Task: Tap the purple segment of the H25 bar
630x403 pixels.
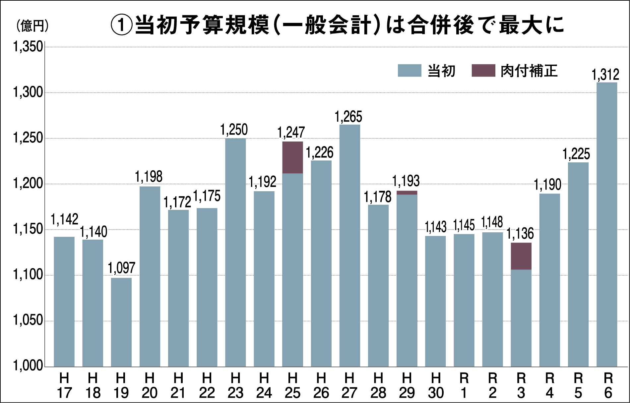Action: [292, 157]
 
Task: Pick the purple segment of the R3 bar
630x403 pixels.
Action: [521, 256]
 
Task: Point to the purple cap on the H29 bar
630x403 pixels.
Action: [407, 193]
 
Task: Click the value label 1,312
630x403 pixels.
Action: [605, 75]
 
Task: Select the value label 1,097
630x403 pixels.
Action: [121, 268]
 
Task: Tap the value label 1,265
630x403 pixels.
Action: [348, 117]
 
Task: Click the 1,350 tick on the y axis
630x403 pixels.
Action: [28, 47]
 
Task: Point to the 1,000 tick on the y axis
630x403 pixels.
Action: [28, 366]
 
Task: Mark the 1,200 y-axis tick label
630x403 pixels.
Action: [28, 183]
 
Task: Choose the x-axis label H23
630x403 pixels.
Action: [235, 385]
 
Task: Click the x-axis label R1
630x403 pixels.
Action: [464, 385]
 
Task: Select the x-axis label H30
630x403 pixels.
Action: [435, 385]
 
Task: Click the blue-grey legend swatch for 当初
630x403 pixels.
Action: [409, 71]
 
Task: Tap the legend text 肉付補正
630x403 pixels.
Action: [529, 71]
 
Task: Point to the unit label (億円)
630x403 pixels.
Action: [32, 26]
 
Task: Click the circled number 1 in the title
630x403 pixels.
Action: [121, 25]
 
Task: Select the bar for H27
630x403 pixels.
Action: [349, 246]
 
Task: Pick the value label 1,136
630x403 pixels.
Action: [520, 234]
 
